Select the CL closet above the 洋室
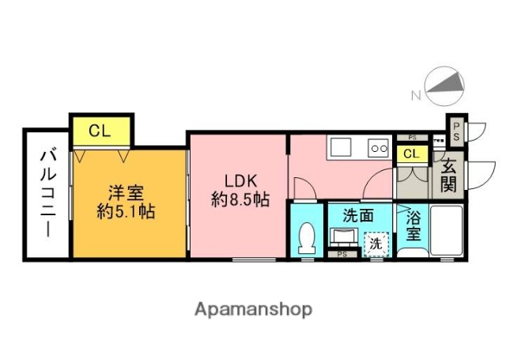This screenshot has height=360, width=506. pyautogui.click(x=100, y=131)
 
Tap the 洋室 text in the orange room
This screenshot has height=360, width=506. pyautogui.click(x=126, y=192)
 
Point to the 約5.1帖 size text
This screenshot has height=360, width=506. pyautogui.click(x=126, y=211)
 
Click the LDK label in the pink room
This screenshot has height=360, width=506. pyautogui.click(x=236, y=179)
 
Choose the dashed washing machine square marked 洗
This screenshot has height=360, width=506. pyautogui.click(x=375, y=244)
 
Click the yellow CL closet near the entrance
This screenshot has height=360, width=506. pyautogui.click(x=411, y=154)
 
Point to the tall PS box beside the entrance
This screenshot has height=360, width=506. pyautogui.click(x=457, y=131)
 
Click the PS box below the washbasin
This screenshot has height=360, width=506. pyautogui.click(x=342, y=254)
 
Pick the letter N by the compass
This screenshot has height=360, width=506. pyautogui.click(x=414, y=97)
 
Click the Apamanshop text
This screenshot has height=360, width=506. pyautogui.click(x=253, y=309)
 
